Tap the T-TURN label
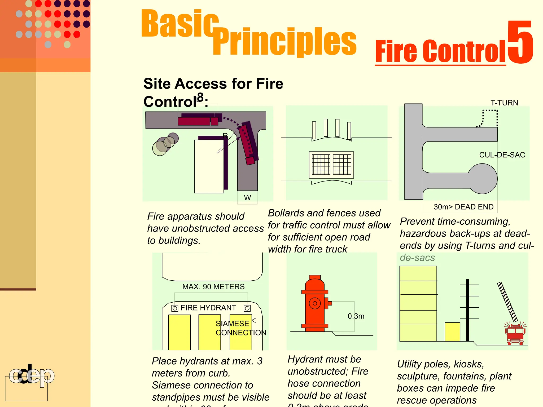click(504, 103)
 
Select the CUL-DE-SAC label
click(502, 155)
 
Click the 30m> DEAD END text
click(463, 207)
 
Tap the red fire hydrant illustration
click(315, 303)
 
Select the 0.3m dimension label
click(356, 316)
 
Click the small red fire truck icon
click(515, 334)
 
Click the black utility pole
click(468, 310)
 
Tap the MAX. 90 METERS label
click(213, 287)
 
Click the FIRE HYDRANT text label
click(208, 308)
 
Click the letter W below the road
click(247, 198)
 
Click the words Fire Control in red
click(440, 51)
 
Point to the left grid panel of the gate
click(321, 165)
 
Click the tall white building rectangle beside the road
click(209, 166)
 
